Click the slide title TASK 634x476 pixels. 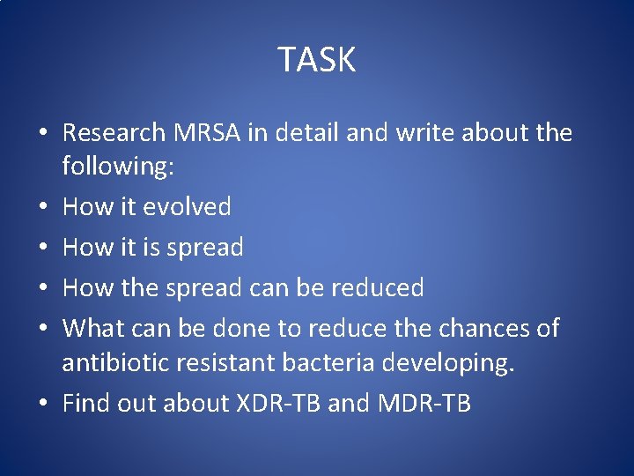coord(317,60)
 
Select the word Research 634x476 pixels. coord(114,133)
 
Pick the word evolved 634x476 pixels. coord(187,207)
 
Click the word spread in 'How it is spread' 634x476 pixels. coord(204,249)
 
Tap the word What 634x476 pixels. coord(94,329)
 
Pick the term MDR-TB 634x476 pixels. coord(424,404)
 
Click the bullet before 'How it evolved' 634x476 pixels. coord(44,208)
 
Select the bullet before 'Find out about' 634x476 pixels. coord(44,405)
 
